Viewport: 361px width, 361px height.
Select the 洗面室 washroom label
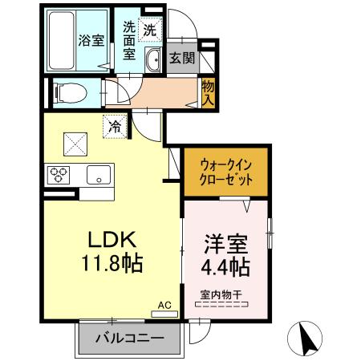click(128, 40)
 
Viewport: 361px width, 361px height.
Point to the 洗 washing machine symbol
click(149, 29)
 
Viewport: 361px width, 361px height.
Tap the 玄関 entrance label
click(180, 58)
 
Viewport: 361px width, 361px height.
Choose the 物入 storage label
click(208, 92)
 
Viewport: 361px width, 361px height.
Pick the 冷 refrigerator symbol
click(115, 126)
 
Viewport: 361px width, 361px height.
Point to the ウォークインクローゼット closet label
click(226, 171)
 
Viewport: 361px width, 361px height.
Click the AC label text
click(164, 305)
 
